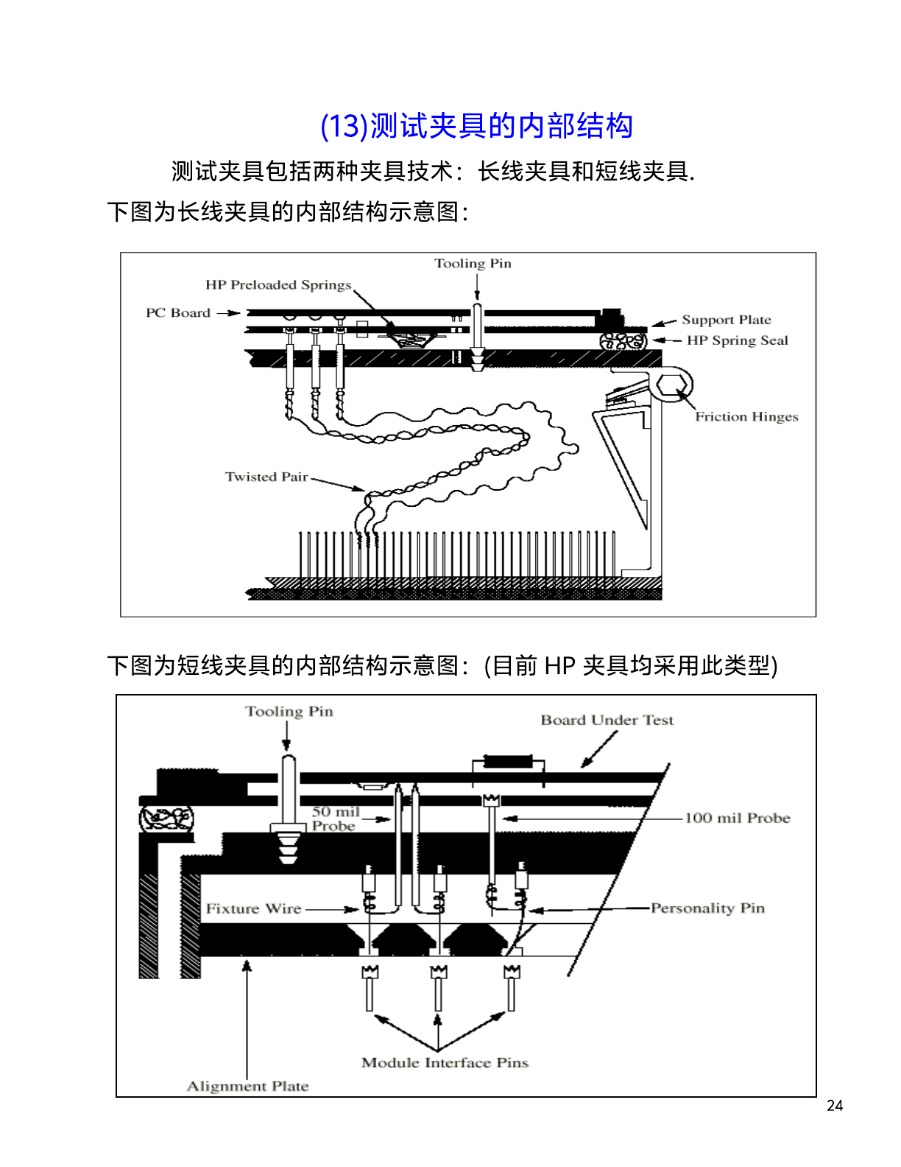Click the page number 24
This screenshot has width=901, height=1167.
[x=834, y=1105]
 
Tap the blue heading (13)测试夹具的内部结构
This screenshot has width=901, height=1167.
[x=476, y=126]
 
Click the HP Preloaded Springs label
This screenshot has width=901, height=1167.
[x=278, y=285]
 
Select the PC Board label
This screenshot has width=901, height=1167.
[x=178, y=313]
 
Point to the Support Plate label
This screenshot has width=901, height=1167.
[x=726, y=320]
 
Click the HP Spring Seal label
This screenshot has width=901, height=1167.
[x=737, y=340]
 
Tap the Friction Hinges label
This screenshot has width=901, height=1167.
[x=746, y=417]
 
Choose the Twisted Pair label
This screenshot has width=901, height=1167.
[x=266, y=477]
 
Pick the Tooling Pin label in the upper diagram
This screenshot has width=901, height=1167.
[x=473, y=264]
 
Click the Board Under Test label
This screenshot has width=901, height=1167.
[x=607, y=721]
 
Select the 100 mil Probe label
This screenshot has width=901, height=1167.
[x=737, y=819]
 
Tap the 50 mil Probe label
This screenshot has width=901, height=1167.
[x=336, y=819]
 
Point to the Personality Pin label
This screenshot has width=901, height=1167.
[x=707, y=908]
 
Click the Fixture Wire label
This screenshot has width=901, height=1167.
[x=253, y=909]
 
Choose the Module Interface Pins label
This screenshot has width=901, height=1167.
[x=445, y=1062]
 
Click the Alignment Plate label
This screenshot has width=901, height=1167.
[x=247, y=1086]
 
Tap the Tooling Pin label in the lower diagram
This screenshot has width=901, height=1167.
[x=289, y=712]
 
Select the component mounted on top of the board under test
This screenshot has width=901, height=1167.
[x=508, y=762]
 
